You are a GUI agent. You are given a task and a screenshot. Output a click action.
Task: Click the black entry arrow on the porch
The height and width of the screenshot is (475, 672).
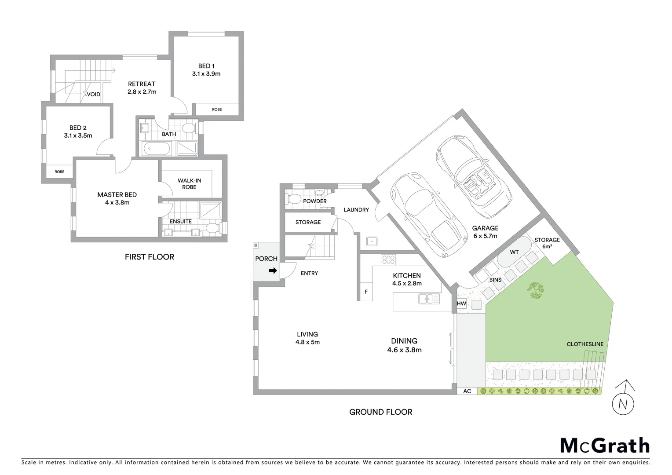click(x=273, y=270)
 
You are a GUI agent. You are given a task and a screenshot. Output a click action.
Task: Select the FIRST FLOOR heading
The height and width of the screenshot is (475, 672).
click(x=149, y=257)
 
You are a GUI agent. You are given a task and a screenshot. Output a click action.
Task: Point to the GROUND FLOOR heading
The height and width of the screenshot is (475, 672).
click(x=380, y=412)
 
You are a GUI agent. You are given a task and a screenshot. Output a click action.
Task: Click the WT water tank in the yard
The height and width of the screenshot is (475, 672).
click(x=514, y=252)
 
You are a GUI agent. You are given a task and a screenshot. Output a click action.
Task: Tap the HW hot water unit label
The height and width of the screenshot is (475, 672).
click(x=461, y=304)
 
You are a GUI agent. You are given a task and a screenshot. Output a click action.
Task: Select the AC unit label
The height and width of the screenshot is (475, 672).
click(x=467, y=391)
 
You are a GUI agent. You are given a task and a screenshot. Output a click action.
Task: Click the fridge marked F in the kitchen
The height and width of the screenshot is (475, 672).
click(x=366, y=292)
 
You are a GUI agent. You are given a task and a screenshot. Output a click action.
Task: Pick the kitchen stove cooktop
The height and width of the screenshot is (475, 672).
click(x=388, y=260)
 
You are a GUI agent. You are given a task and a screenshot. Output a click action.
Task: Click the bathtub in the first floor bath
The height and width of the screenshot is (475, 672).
click(x=157, y=149)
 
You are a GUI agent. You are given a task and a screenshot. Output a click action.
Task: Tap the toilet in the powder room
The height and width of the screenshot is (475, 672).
click(x=292, y=199)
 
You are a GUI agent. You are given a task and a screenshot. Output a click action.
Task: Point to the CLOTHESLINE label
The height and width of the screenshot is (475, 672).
click(x=584, y=344)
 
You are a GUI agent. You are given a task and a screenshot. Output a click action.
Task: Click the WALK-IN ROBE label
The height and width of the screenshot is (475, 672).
click(x=189, y=184)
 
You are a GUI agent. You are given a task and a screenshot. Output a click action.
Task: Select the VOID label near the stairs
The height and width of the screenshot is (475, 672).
click(x=93, y=94)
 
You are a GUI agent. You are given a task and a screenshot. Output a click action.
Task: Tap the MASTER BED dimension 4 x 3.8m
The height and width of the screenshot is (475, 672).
click(x=117, y=203)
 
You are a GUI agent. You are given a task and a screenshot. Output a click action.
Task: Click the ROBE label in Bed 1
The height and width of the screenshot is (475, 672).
click(x=217, y=109)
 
